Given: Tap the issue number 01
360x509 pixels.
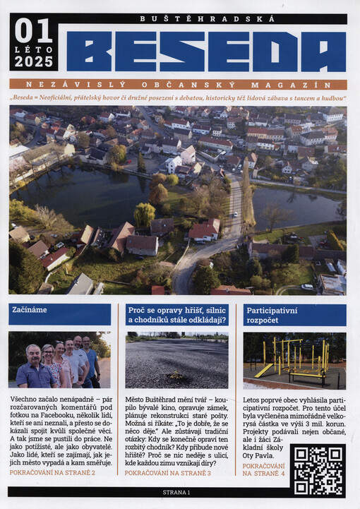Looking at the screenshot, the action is click(33, 32).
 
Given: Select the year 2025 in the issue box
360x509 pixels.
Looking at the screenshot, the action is click(34, 61).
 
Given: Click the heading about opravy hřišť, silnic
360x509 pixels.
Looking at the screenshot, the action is click(176, 315).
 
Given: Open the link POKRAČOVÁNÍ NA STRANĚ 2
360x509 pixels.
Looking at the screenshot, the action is click(53, 472).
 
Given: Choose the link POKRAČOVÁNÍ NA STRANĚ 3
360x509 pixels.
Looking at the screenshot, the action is click(167, 472).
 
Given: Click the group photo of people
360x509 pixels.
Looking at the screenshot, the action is click(60, 360).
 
